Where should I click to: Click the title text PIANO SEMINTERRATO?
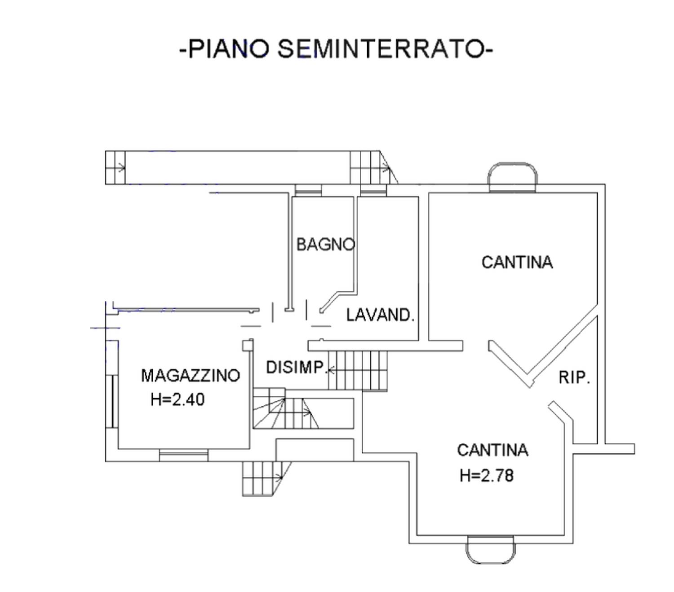[336, 48]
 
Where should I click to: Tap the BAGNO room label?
[325, 245]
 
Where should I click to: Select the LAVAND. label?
[380, 315]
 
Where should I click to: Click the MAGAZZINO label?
[190, 375]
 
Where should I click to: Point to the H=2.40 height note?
[177, 399]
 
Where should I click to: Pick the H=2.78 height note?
[486, 476]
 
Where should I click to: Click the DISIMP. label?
[295, 367]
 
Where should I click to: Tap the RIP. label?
[574, 377]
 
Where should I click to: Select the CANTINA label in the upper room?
[517, 262]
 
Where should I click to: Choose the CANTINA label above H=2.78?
[492, 450]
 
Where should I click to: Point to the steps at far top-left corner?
[115, 167]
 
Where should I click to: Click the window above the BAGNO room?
[308, 190]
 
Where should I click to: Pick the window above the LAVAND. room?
[373, 190]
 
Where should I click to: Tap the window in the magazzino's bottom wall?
[184, 455]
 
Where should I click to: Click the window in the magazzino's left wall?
[112, 402]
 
